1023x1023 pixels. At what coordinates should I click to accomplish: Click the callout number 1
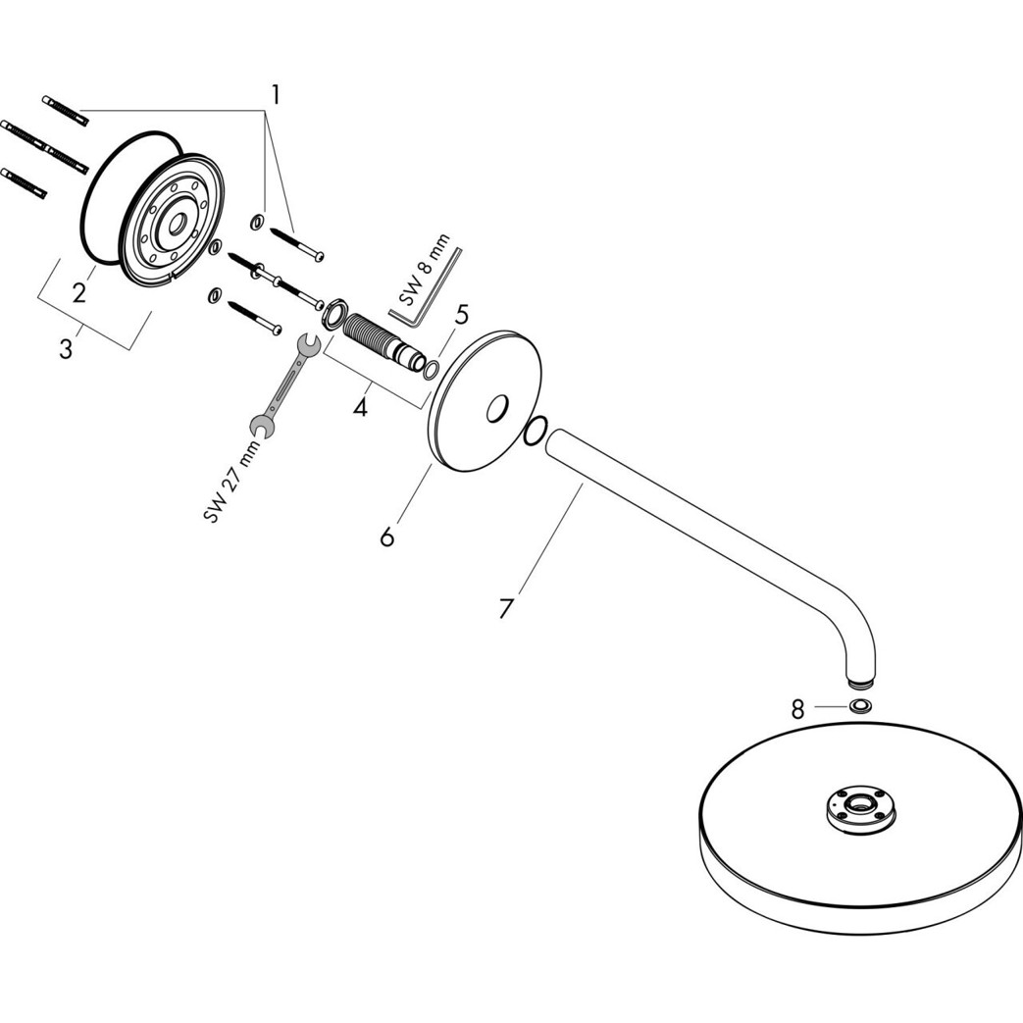[276, 95]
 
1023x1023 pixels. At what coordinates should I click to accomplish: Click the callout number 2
[78, 291]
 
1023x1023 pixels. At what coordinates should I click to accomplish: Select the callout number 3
[66, 348]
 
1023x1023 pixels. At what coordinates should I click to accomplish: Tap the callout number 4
[361, 406]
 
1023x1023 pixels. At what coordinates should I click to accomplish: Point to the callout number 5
[461, 315]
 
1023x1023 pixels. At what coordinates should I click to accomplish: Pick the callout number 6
[387, 537]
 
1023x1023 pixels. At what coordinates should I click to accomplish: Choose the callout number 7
[505, 608]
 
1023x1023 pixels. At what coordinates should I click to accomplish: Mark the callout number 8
[797, 709]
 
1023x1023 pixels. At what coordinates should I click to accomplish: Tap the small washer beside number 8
[860, 707]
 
